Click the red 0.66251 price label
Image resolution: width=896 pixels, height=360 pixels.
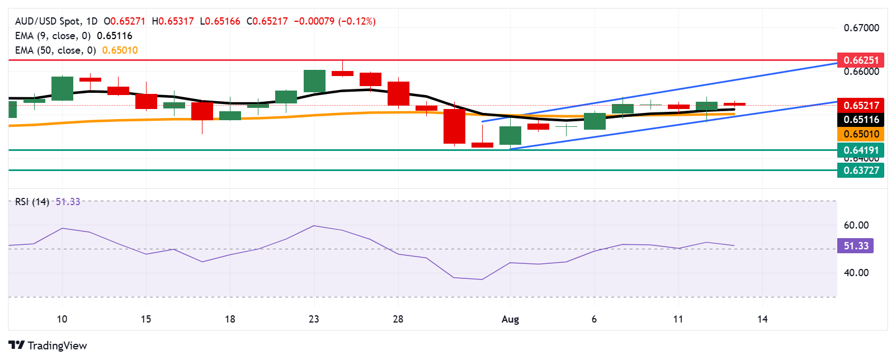click(861, 60)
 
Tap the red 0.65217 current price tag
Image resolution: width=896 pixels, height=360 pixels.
click(861, 105)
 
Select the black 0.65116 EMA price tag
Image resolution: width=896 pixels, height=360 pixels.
click(861, 119)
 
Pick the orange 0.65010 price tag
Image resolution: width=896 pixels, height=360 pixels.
click(861, 134)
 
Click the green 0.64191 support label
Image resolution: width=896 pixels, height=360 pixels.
click(861, 150)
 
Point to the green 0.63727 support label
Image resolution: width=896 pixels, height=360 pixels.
click(861, 170)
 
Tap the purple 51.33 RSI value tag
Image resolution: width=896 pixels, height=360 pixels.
click(855, 246)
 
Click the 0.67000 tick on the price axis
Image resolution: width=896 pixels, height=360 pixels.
click(861, 28)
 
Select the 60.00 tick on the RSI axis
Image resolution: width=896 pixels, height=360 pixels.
click(856, 225)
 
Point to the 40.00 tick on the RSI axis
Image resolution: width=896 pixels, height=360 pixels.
click(856, 273)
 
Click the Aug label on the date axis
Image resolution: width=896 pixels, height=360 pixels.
click(510, 319)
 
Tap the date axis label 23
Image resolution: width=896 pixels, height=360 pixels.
click(314, 319)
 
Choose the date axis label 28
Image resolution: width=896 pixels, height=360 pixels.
click(398, 319)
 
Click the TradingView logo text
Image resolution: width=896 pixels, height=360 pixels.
click(48, 345)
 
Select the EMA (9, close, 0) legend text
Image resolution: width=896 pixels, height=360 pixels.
click(53, 36)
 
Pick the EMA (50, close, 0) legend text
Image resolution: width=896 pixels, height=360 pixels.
click(55, 50)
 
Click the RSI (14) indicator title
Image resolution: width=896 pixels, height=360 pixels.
click(32, 202)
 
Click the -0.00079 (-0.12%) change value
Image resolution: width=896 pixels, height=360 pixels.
click(334, 21)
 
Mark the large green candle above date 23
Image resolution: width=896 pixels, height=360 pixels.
click(314, 81)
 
